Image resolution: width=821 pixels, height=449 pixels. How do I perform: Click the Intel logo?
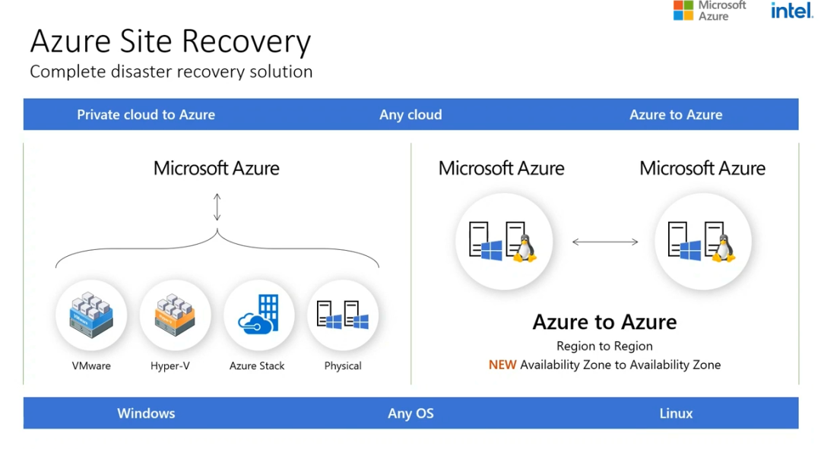[x=792, y=11]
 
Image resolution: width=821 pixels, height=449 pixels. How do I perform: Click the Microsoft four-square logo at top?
[x=683, y=10]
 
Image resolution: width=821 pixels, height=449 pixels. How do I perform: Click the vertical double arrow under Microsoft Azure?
[x=217, y=207]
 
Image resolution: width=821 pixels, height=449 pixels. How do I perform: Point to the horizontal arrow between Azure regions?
[x=605, y=242]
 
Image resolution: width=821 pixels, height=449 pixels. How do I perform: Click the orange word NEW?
[x=502, y=365]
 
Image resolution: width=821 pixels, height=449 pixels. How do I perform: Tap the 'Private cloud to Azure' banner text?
[x=146, y=115]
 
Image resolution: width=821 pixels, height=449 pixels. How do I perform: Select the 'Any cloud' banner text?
[x=410, y=115]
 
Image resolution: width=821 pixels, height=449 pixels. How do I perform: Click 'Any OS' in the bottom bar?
[x=410, y=413]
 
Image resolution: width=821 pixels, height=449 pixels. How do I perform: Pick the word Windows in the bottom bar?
[x=146, y=413]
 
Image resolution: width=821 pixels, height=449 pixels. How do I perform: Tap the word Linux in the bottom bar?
[x=676, y=413]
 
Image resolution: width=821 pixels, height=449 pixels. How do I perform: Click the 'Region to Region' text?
[x=604, y=346]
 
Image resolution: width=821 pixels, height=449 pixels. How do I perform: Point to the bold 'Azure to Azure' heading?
[x=604, y=322]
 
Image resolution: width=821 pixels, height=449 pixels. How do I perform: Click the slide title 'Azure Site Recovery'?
[x=170, y=41]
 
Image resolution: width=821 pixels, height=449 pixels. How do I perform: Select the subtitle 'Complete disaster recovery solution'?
[x=171, y=72]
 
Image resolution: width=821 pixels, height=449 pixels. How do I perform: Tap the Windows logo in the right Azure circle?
[x=690, y=251]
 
